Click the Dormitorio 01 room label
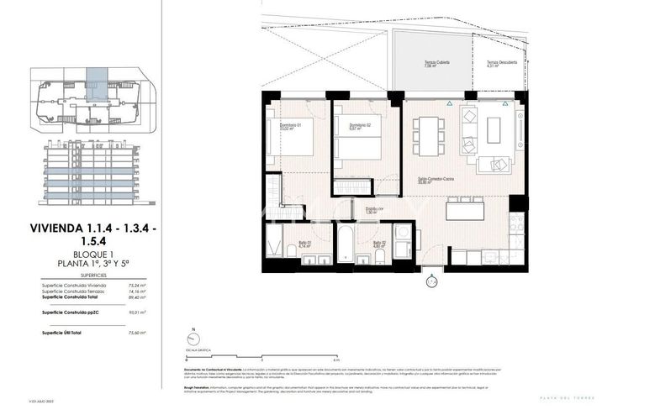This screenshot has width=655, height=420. point(290,127)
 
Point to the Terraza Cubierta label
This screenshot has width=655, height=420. point(436,64)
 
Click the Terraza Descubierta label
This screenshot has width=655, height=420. point(501,64)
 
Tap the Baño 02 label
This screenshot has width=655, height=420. point(378,244)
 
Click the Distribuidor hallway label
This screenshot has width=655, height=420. point(373,210)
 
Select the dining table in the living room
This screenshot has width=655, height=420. point(428,135)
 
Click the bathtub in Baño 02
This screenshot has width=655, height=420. point(346,244)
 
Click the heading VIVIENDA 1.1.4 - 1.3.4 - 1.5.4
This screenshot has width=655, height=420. point(92,234)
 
